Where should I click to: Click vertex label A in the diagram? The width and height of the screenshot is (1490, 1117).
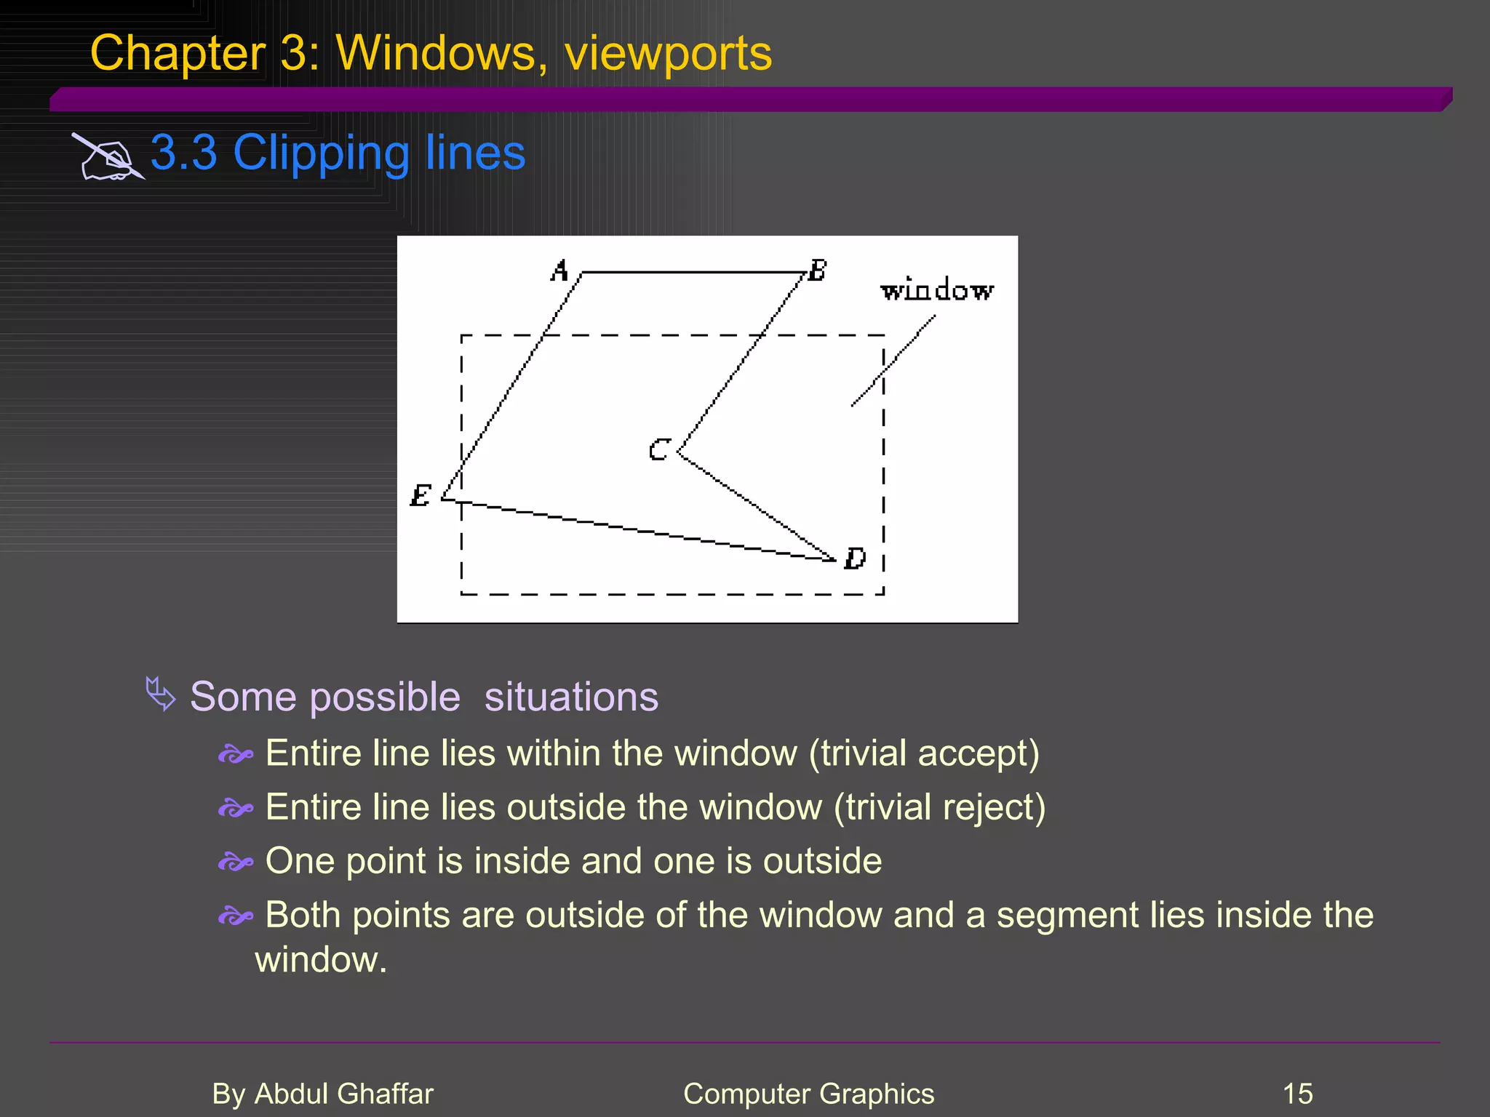559,271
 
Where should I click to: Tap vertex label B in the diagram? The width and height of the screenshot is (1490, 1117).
818,271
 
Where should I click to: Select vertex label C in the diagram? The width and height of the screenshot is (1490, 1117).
658,450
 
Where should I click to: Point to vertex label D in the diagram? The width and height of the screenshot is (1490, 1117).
855,558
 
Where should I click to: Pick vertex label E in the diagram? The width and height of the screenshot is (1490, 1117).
421,496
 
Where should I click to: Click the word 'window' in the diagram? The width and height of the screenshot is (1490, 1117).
937,291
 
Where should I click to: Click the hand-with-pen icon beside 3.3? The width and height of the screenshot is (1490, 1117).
108,156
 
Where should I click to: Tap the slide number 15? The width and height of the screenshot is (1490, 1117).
1297,1094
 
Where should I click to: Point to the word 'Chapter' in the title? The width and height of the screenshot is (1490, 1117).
178,54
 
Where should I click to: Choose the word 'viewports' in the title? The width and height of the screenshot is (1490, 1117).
668,54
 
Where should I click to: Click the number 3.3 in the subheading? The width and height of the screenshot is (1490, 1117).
184,153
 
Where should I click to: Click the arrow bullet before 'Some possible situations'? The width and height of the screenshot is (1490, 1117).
161,694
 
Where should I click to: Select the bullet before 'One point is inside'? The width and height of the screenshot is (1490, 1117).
236,862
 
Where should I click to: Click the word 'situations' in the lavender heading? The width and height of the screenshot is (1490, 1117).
571,697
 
